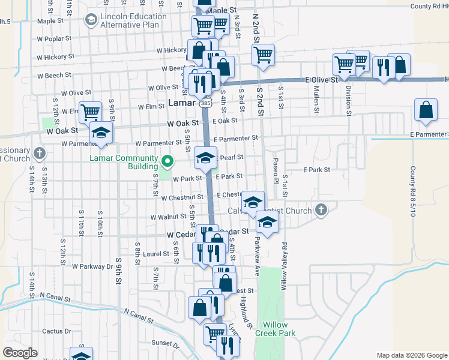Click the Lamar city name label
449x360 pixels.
click(181, 103)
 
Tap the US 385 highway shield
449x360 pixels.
click(206, 104)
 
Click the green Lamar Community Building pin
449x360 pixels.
click(168, 161)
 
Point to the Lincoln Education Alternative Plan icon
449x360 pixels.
click(91, 20)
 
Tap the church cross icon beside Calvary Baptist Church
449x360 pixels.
click(321, 210)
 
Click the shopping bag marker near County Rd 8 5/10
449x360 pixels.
click(425, 110)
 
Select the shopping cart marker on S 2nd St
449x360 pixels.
click(263, 55)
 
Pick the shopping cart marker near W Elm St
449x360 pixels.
click(90, 111)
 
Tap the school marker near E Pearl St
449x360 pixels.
click(205, 158)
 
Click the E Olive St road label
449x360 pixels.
click(323, 79)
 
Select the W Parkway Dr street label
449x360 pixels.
click(92, 266)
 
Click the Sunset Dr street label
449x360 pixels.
click(166, 344)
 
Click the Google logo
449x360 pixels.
click(20, 353)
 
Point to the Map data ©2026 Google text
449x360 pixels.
click(411, 355)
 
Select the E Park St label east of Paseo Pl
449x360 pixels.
click(316, 170)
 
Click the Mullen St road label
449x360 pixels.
click(316, 99)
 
